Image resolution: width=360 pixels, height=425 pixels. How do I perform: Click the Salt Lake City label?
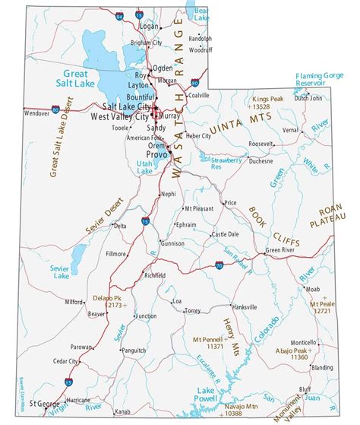(121, 106)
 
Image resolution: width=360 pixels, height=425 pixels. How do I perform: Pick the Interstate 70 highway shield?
(219, 265)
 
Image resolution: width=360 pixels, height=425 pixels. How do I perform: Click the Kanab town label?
(123, 411)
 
